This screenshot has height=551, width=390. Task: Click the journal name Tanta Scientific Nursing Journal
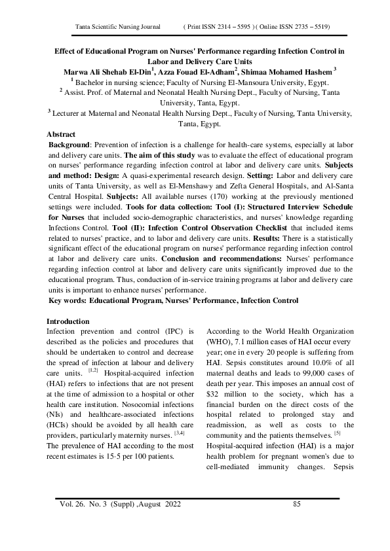(x=119, y=27)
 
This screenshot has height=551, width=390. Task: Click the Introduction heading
(x=68, y=322)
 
